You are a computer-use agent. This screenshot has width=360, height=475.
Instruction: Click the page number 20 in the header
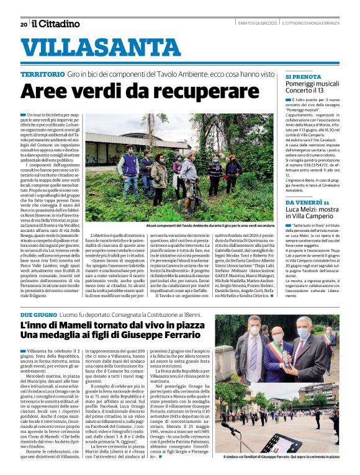(24, 24)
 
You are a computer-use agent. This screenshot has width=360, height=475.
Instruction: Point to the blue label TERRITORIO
(42, 74)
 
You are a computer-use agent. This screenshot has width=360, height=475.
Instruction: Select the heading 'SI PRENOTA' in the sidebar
(304, 77)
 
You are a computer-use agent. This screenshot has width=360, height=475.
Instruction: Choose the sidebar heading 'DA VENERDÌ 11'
(307, 203)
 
